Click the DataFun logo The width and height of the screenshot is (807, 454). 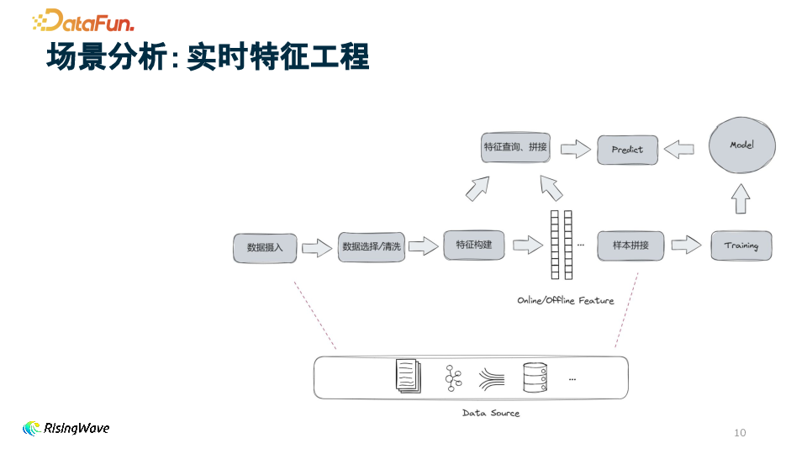tap(82, 20)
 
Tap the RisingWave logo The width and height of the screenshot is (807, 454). tap(66, 428)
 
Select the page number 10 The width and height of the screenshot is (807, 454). tap(740, 433)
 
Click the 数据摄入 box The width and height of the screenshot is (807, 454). tap(265, 247)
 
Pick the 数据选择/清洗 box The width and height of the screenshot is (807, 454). tap(372, 246)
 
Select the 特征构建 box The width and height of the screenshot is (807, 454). tap(474, 245)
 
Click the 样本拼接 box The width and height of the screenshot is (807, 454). tap(630, 245)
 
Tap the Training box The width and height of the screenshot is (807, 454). tap(741, 245)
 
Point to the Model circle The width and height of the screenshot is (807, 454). tap(741, 145)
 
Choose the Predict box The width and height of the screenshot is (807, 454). tap(627, 150)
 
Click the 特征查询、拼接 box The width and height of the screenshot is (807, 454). tap(515, 147)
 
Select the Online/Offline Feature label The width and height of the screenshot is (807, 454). tap(565, 300)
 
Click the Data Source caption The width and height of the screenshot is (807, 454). tap(491, 413)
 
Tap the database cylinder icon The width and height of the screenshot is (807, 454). tap(535, 377)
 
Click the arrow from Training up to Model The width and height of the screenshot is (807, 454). tap(740, 199)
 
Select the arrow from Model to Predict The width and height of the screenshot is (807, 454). tap(679, 149)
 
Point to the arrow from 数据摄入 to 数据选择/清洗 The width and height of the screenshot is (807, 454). tap(317, 247)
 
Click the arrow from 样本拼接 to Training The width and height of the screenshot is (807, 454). tap(686, 245)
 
